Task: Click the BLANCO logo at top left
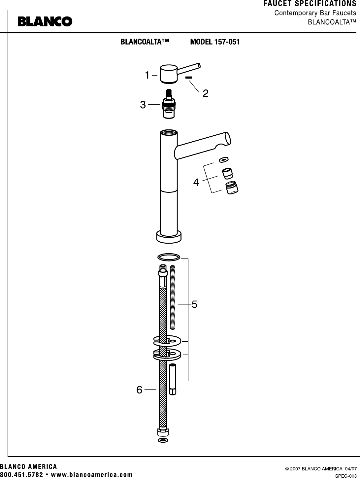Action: click(x=45, y=21)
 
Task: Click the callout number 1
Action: click(x=147, y=75)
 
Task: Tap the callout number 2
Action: click(x=206, y=93)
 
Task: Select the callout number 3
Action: click(x=143, y=105)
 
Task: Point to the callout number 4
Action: click(x=196, y=182)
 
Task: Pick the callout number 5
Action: click(x=194, y=304)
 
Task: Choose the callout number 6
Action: click(x=139, y=390)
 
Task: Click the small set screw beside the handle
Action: click(x=189, y=77)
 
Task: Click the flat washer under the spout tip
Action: click(x=223, y=160)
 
